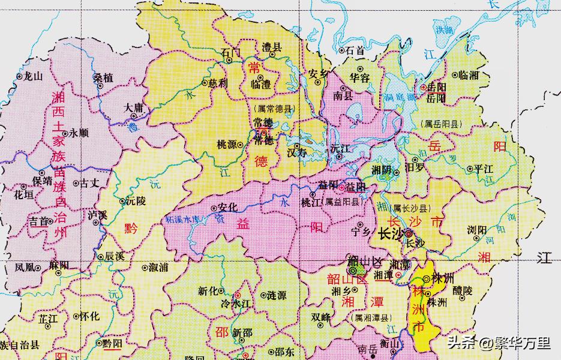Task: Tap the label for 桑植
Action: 103,78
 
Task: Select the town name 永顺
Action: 79,133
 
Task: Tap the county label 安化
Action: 229,207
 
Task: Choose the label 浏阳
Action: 478,230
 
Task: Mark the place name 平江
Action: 483,169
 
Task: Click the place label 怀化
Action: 90,316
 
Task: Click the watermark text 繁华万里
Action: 522,343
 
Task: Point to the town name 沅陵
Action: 136,202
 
